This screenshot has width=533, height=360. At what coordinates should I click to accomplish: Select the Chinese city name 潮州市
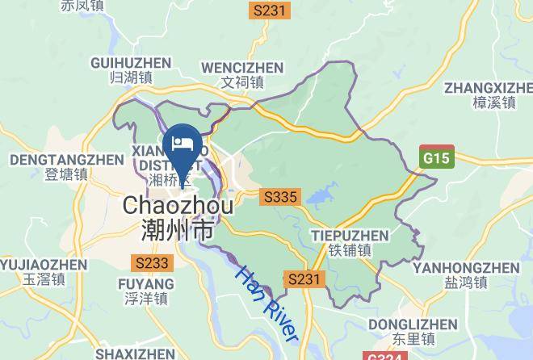click(x=178, y=232)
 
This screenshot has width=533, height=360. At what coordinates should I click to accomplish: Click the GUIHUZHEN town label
click(x=131, y=62)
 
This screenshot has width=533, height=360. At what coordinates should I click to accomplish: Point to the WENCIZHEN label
click(x=242, y=67)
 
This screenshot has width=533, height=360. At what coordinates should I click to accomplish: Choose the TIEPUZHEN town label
click(x=349, y=236)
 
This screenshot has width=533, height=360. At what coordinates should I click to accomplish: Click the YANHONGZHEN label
click(x=466, y=268)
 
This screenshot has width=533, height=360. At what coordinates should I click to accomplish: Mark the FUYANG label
click(x=145, y=284)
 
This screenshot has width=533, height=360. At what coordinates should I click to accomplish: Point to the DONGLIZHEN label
click(x=412, y=324)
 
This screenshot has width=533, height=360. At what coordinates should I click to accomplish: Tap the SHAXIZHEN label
click(x=134, y=354)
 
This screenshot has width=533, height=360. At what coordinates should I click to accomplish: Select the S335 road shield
click(x=280, y=197)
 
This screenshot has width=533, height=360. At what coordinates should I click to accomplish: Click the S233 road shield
click(x=152, y=263)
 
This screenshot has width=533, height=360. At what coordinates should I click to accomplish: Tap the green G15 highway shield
click(x=437, y=157)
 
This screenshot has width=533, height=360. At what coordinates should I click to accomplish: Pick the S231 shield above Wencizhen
click(x=269, y=10)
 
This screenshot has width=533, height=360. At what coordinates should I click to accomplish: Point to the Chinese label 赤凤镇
click(x=83, y=6)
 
